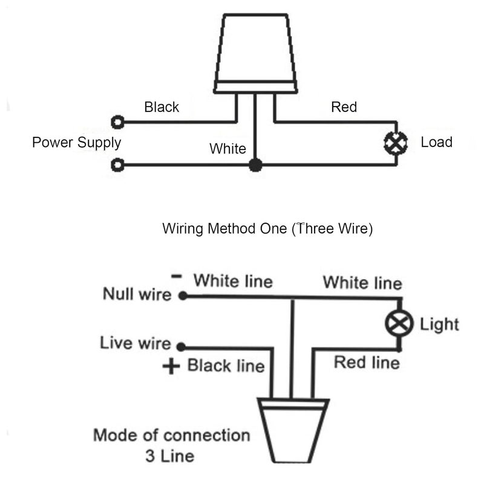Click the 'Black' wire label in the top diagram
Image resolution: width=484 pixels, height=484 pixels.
click(162, 107)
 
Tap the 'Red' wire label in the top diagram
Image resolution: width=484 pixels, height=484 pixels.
click(344, 107)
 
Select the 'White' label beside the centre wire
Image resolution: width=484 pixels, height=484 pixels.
click(228, 148)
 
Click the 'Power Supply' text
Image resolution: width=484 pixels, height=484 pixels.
click(77, 143)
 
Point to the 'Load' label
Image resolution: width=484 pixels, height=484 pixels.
click(436, 142)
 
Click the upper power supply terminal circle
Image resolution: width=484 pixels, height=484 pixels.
click(117, 122)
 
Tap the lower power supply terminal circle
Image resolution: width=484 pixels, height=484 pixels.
click(117, 165)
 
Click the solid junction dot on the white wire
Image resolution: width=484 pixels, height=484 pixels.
click(255, 165)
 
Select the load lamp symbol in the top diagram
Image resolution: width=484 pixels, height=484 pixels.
click(396, 143)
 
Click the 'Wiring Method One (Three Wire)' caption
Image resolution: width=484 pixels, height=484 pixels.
click(267, 229)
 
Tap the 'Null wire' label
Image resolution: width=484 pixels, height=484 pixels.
click(137, 293)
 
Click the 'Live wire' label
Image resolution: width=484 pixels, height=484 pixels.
click(135, 343)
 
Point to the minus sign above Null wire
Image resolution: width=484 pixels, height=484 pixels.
click(177, 276)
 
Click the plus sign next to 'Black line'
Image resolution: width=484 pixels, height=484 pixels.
click(171, 366)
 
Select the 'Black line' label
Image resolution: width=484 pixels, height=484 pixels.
click(226, 366)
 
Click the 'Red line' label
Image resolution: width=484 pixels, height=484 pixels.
click(367, 362)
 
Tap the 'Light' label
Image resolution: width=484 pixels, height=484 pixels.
click(439, 325)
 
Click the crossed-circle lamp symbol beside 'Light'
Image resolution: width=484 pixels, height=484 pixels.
click(399, 324)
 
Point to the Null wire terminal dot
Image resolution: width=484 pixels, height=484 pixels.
click(183, 296)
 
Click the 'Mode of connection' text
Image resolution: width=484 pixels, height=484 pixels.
click(172, 435)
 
